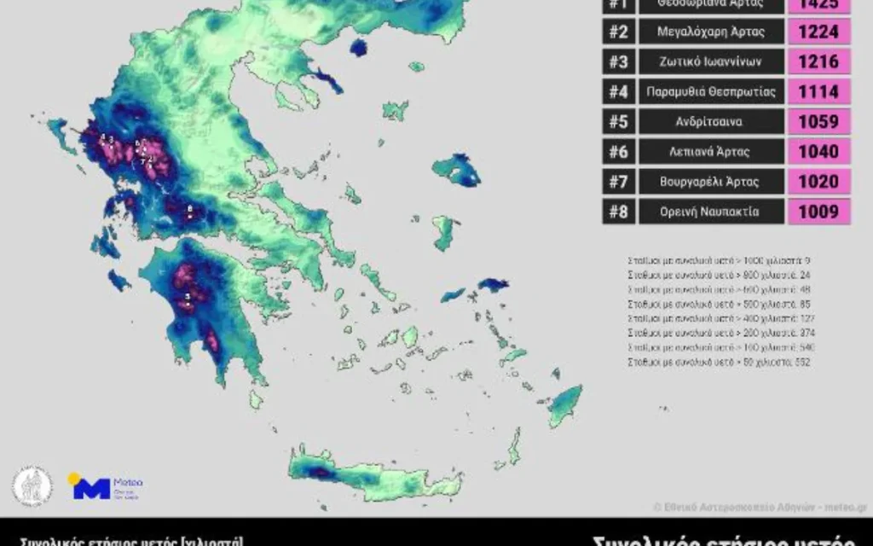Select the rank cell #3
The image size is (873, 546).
tap(618, 62)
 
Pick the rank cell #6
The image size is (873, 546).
tap(618, 152)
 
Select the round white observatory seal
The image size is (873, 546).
tap(32, 485)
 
